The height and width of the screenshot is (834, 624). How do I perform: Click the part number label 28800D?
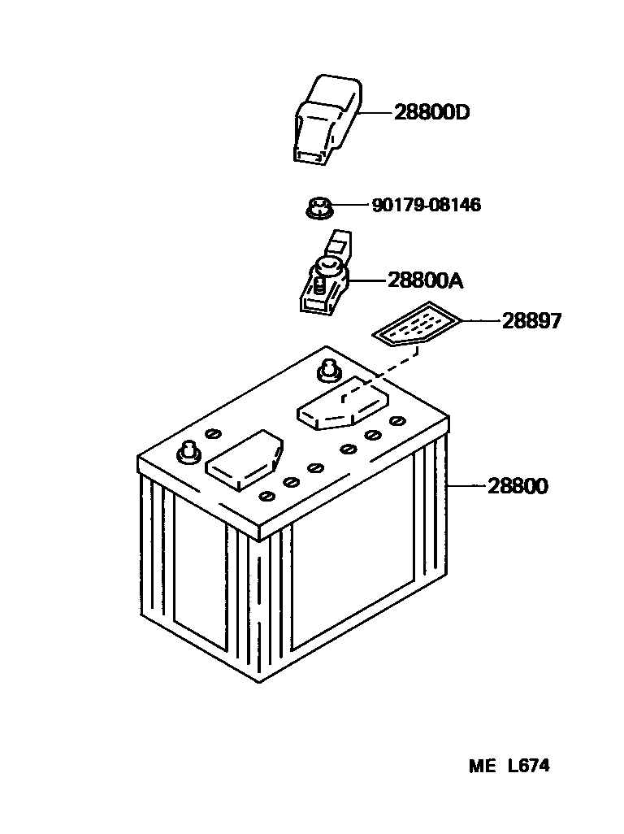coord(431,112)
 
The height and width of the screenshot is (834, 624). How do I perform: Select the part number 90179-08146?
coord(426,205)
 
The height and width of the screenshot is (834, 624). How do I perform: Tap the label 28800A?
coord(425,281)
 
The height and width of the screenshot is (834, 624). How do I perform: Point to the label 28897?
coord(531,321)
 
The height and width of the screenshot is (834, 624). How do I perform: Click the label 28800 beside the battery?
coord(518,487)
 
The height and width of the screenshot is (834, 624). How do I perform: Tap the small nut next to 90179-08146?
coord(319,208)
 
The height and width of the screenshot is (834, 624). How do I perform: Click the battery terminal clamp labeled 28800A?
coord(323,281)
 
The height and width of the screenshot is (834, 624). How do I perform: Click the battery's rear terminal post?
coord(328,369)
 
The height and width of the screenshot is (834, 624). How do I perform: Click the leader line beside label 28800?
coord(466,487)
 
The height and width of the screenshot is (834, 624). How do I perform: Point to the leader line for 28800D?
coord(376,112)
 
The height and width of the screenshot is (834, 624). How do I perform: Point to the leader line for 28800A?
coord(367,281)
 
